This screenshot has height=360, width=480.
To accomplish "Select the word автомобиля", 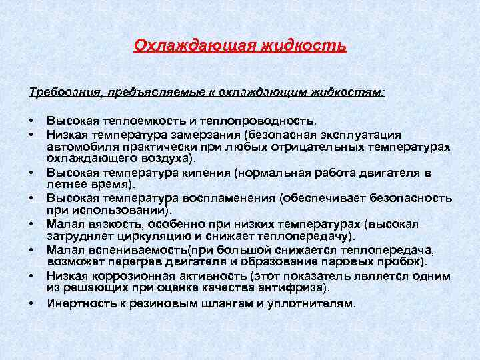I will pyautogui.click(x=79, y=146).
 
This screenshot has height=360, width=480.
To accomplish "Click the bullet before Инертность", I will pyautogui.click(x=31, y=303).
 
